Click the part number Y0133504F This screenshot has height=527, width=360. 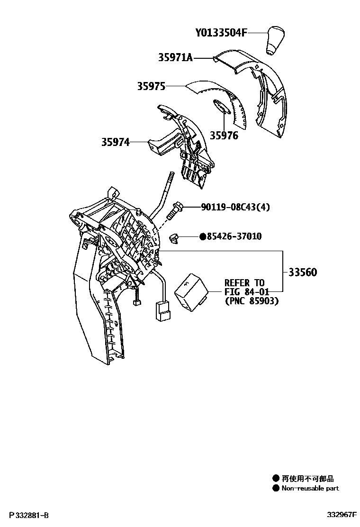(x=221, y=33)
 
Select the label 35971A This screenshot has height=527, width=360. (x=175, y=58)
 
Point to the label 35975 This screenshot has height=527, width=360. (x=151, y=86)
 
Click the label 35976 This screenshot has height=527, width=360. (x=224, y=136)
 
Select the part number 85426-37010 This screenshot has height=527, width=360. (x=234, y=236)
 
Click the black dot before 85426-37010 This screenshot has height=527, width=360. (x=202, y=236)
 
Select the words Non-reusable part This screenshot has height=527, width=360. (x=310, y=488)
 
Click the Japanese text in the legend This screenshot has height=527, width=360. (x=307, y=479)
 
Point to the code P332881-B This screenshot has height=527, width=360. (x=28, y=515)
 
